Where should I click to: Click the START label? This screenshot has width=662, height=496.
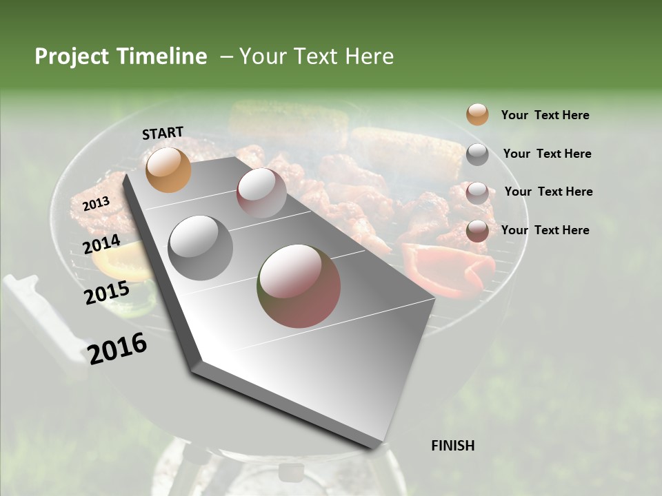(163, 133)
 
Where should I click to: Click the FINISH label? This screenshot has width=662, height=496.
(452, 446)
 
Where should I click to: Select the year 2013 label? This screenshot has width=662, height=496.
(96, 203)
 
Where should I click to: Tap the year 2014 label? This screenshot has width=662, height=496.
(101, 244)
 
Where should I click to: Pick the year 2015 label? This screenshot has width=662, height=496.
(107, 293)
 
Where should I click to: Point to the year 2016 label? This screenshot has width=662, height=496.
(117, 348)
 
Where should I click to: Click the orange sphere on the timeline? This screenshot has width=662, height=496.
(168, 169)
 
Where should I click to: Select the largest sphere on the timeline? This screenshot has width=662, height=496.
(299, 285)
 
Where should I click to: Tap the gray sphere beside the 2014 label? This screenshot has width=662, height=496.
(200, 247)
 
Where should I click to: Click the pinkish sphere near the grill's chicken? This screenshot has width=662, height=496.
(261, 192)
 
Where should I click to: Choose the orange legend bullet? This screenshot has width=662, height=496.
(477, 115)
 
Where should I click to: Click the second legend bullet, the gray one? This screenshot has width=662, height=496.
(477, 154)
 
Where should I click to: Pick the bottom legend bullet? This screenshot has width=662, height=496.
(477, 231)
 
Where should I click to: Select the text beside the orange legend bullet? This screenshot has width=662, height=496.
(545, 115)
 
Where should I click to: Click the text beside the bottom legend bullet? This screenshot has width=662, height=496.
(545, 230)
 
